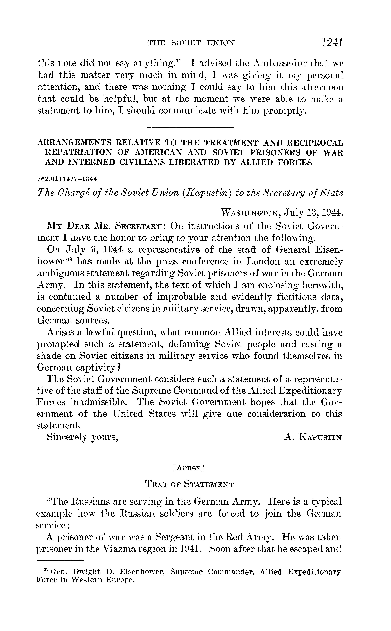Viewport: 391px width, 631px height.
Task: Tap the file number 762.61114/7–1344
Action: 64,179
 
